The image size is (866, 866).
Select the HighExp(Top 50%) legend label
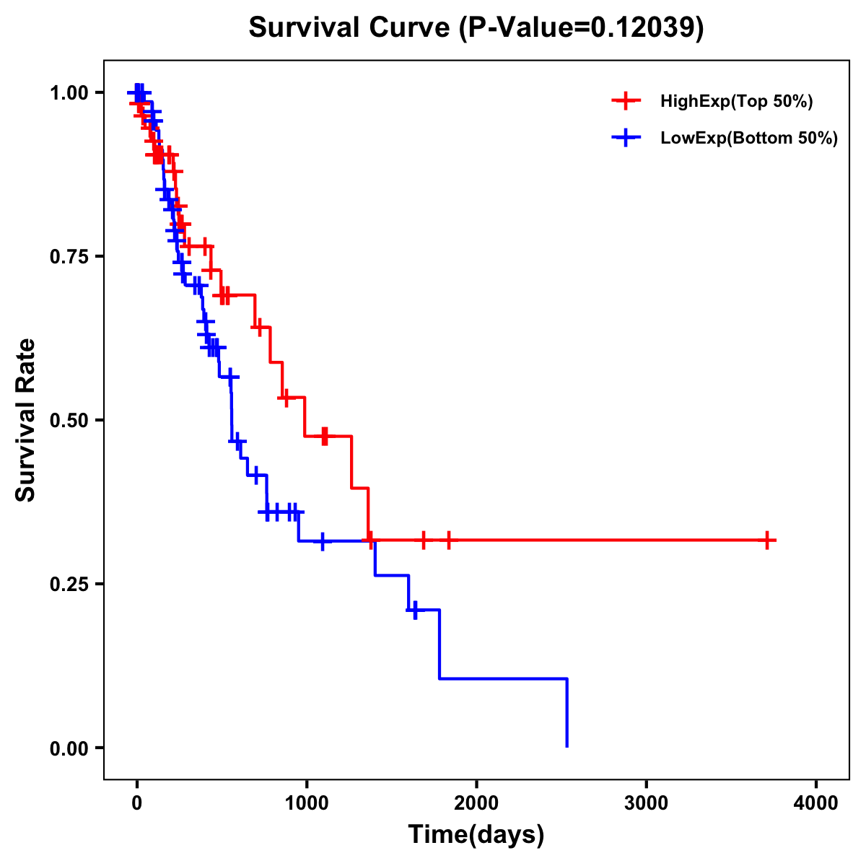point(736,102)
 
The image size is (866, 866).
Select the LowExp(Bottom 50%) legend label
point(749,139)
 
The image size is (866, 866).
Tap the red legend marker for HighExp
point(626,102)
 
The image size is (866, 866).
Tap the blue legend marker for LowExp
point(626,139)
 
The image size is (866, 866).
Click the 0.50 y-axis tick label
point(71,421)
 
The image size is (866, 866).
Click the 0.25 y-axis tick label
point(71,585)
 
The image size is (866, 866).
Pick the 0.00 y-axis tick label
point(71,748)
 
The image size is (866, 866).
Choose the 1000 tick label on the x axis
point(307,804)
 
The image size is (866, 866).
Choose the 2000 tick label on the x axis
point(476,804)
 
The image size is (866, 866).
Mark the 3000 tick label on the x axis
point(647,804)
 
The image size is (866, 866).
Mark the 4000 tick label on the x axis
point(816,804)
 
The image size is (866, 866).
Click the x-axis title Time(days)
point(476,835)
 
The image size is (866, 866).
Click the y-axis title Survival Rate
point(26,420)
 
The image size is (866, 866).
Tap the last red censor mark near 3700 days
point(768,540)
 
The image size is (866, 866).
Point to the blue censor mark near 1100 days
point(323,541)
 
